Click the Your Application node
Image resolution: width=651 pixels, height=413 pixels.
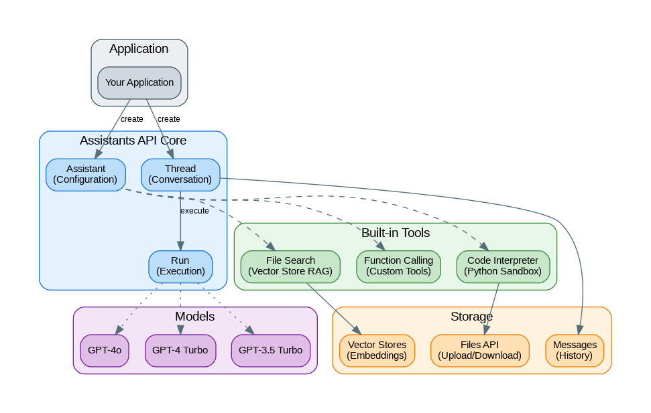coord(139,82)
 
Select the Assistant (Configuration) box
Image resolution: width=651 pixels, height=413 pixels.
coord(85,174)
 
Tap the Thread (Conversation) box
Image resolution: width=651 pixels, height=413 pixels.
coord(180,174)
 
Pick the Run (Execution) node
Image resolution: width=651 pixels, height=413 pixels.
coord(180,266)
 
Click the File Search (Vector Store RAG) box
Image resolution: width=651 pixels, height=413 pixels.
coord(290,266)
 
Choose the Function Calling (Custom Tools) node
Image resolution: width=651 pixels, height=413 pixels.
coord(398,266)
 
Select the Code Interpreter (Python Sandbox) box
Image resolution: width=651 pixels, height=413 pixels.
coord(503,266)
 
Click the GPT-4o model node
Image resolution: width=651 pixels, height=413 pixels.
coord(105,350)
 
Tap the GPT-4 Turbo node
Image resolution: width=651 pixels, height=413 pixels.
coord(180,350)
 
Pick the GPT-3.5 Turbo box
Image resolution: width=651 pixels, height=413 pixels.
coord(271,350)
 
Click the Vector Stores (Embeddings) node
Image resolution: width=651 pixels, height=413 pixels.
coord(377,350)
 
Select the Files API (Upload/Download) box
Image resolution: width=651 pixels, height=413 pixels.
coord(479,350)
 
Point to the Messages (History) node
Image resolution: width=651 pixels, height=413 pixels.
coord(575,350)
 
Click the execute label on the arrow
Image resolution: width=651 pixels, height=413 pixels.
coord(194,211)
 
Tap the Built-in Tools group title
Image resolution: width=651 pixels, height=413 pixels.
coord(396,233)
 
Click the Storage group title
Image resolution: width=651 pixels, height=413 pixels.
coord(471,316)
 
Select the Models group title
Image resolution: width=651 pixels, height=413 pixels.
coord(194,316)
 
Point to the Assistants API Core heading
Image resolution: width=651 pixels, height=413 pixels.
coord(133,141)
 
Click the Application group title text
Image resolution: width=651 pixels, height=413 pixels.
coord(139,49)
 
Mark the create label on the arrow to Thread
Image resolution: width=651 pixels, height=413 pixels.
coord(169,119)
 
